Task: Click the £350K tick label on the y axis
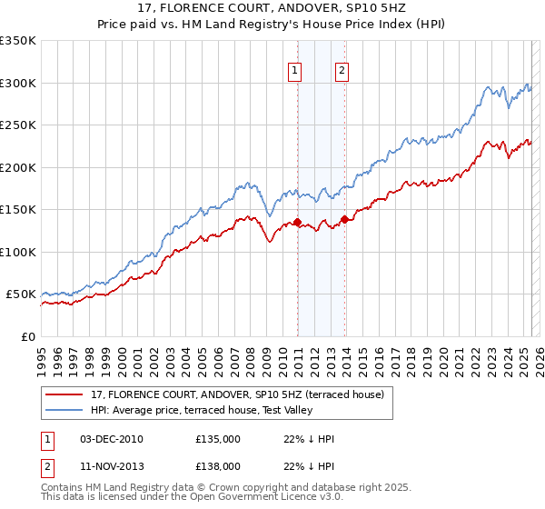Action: tap(18, 41)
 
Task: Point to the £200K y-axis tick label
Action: tap(18, 167)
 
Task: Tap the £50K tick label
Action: tap(22, 294)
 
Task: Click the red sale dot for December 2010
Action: tap(297, 222)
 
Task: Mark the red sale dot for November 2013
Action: tap(344, 219)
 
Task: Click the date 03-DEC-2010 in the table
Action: tap(112, 439)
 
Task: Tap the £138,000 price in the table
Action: tap(218, 465)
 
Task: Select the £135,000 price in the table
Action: tap(218, 439)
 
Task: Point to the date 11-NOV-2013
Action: tap(112, 465)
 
